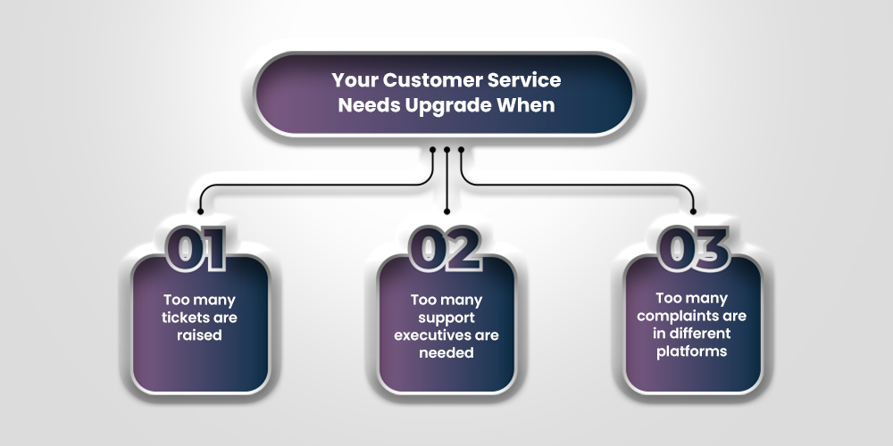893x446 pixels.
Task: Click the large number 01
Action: (199, 248)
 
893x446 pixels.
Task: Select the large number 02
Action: (446, 248)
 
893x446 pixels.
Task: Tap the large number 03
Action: (693, 248)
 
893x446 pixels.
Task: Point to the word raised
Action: (199, 336)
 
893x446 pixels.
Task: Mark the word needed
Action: (446, 352)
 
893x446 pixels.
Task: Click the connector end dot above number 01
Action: (200, 212)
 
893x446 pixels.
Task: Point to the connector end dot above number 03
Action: (693, 212)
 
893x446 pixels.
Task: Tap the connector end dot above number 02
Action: (446, 212)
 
